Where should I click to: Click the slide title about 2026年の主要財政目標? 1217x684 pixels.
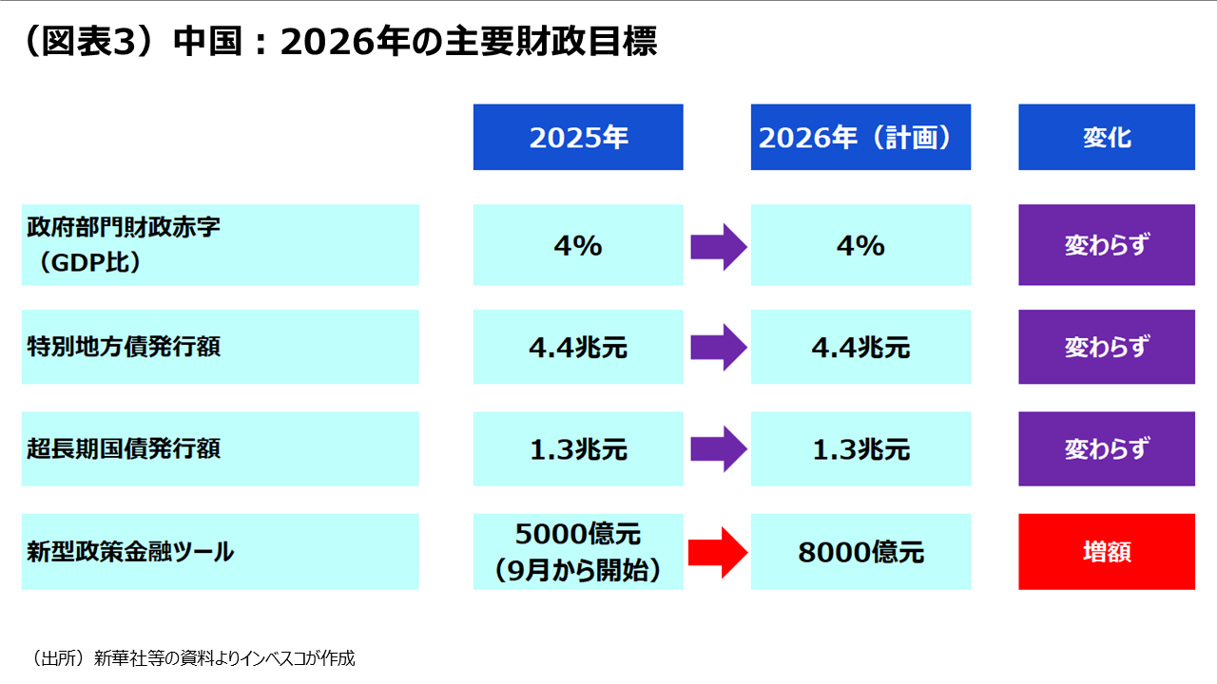pos(338,43)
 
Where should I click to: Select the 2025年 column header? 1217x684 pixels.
pos(578,138)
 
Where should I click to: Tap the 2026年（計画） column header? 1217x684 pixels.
pos(860,138)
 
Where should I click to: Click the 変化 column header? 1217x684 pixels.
pos(1106,138)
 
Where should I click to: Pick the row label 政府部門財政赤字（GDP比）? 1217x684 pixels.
pos(220,245)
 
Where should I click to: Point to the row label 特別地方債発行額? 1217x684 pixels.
pos(220,347)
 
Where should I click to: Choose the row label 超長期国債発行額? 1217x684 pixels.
pos(220,448)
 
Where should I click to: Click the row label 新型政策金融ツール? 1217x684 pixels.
pos(220,551)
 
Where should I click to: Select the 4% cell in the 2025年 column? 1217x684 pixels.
pos(578,245)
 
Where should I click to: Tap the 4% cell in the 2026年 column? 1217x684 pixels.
pos(860,245)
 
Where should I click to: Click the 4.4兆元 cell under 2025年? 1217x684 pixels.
pos(578,347)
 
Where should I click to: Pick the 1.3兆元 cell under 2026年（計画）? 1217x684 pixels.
pos(860,448)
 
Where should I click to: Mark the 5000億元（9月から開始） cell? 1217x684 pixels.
pos(578,551)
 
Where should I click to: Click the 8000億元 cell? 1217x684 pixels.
pos(860,551)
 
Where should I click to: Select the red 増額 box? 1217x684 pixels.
pos(1106,551)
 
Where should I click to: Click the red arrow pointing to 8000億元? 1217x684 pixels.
pos(718,552)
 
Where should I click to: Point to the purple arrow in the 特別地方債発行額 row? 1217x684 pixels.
pos(718,347)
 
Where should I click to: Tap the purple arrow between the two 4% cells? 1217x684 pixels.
pos(718,246)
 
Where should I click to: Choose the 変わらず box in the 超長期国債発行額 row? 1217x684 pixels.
pos(1106,448)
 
